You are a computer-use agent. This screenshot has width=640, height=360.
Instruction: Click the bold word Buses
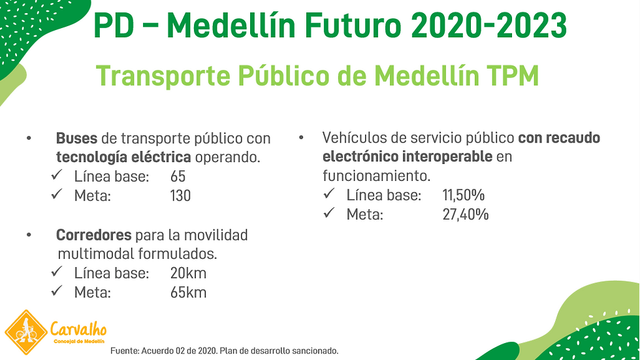tap(76, 139)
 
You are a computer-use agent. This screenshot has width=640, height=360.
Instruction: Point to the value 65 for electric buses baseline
tap(178, 176)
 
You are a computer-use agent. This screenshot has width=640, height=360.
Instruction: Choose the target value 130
tap(180, 195)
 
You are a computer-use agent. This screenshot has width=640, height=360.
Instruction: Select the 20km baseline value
tap(188, 273)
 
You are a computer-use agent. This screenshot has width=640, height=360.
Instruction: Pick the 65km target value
tap(188, 292)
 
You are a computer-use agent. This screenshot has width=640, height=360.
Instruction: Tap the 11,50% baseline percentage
tap(463, 195)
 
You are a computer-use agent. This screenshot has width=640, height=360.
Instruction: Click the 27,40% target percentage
tap(465, 214)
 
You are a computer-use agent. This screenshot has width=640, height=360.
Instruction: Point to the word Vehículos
tap(354, 139)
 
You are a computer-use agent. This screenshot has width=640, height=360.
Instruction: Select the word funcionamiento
tap(376, 176)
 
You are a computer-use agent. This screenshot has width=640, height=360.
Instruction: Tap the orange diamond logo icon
tap(25, 333)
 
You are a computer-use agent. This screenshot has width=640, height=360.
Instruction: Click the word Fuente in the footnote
tap(125, 351)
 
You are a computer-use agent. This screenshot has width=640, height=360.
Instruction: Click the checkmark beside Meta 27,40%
tap(330, 214)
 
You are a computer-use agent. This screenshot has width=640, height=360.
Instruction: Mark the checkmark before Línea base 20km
tap(57, 272)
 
